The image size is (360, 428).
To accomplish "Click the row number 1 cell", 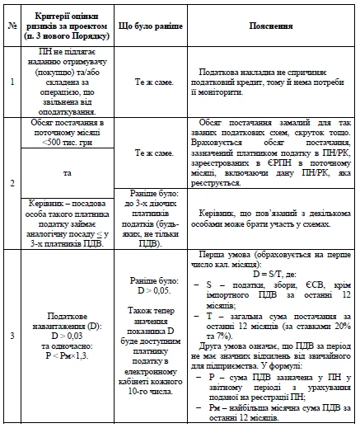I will [x=11, y=82].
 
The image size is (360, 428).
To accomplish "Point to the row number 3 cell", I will [x=11, y=336].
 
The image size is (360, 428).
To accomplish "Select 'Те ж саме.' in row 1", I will [x=152, y=82].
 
